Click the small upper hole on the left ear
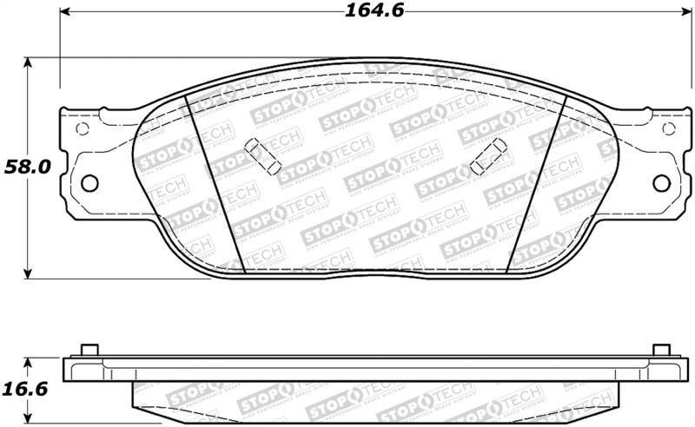point(83,128)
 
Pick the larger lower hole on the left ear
point(89,183)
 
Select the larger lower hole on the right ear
point(661,183)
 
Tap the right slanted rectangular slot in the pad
point(489,156)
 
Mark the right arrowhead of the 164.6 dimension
point(683,11)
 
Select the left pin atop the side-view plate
point(89,350)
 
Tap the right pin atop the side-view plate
point(661,350)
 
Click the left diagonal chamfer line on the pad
point(217,184)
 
